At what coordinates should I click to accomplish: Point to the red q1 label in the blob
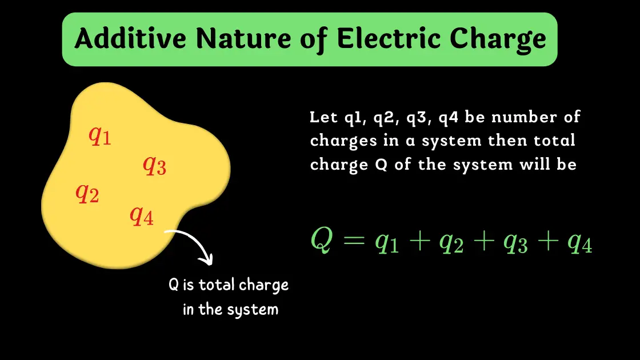[x=100, y=135]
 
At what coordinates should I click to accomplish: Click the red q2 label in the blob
[x=87, y=194]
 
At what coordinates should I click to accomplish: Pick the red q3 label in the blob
[x=154, y=166]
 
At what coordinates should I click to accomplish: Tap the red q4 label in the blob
[x=142, y=215]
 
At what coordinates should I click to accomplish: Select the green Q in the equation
[x=321, y=239]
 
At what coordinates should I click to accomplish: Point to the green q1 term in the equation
[x=387, y=243]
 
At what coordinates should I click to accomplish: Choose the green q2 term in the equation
[x=451, y=243]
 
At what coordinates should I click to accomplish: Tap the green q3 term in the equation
[x=515, y=243]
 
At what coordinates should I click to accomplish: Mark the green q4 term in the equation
[x=579, y=243]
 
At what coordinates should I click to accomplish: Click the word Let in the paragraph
[x=321, y=117]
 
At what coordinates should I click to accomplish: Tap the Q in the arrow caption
[x=173, y=285]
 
